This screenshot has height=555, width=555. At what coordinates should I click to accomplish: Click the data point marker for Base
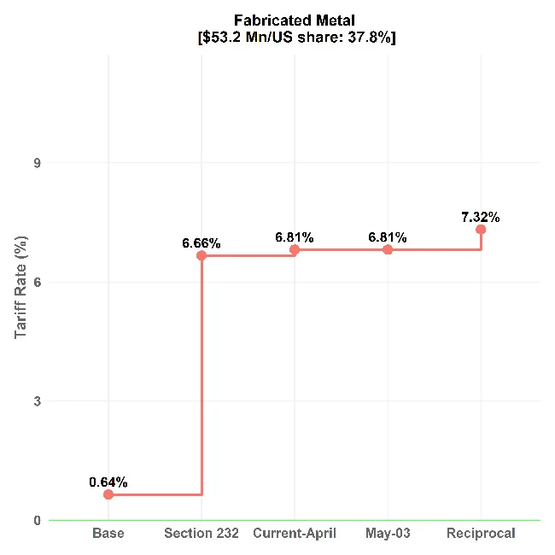click(108, 494)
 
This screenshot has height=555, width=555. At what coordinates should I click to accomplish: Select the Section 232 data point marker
click(202, 255)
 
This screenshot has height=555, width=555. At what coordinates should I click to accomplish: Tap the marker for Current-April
click(295, 249)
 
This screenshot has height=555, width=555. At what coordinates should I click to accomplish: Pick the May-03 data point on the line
click(388, 249)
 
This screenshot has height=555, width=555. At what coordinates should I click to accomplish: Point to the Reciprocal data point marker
click(481, 229)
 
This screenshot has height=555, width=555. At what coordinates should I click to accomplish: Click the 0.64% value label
click(108, 482)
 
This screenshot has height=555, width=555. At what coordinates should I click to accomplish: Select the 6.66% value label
click(202, 243)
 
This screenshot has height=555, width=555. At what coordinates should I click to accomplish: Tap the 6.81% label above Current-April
click(295, 237)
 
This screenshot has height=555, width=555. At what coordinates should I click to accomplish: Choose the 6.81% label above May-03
click(388, 237)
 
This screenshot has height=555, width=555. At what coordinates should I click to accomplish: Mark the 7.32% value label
click(481, 217)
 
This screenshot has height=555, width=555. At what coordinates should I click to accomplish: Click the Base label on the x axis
click(108, 534)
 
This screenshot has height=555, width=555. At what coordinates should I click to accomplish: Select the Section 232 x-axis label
click(202, 534)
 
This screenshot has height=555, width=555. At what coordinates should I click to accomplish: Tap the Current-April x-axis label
click(295, 534)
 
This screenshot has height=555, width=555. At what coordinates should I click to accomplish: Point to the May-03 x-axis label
click(388, 534)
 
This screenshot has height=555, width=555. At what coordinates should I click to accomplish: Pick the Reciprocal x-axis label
click(481, 534)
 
